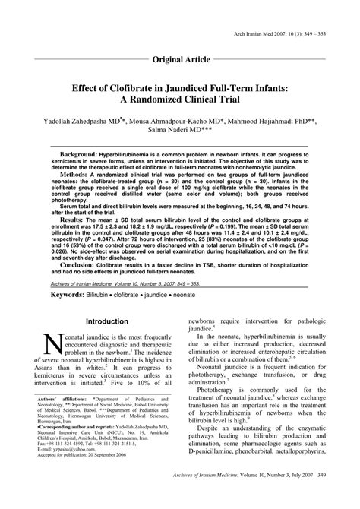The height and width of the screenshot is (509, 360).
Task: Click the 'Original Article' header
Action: coord(179,58)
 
